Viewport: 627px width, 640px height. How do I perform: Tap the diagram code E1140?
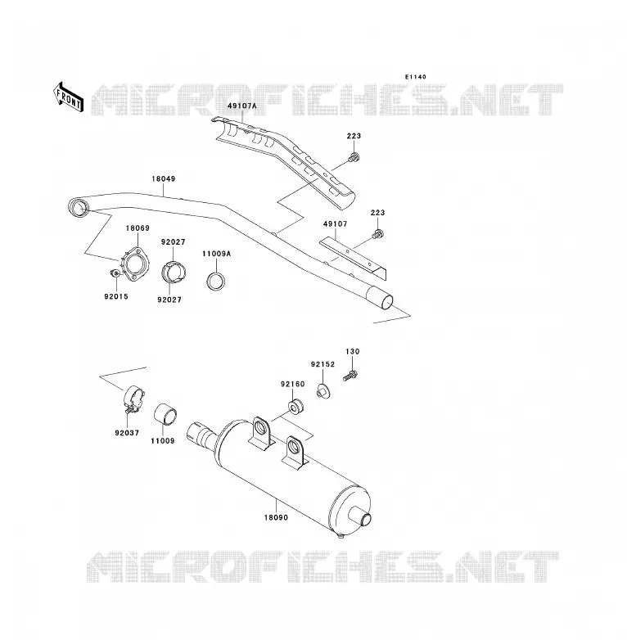[416, 77]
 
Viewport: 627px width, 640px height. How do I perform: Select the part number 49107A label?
[242, 106]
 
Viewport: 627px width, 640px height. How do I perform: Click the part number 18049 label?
[163, 178]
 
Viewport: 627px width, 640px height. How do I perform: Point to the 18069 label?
[138, 228]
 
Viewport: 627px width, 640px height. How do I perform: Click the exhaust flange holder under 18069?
[135, 264]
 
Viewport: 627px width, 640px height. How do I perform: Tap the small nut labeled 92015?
[115, 273]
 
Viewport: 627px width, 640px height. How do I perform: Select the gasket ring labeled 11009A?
[217, 281]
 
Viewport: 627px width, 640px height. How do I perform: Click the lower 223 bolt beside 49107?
[378, 234]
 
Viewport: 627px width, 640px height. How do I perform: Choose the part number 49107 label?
[335, 224]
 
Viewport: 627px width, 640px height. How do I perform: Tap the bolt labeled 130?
[350, 375]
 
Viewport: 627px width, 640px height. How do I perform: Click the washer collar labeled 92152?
[323, 392]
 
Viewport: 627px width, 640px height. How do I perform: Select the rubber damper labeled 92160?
[295, 407]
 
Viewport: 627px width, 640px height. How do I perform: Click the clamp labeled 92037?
[133, 399]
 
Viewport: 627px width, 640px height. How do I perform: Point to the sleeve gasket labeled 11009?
[165, 413]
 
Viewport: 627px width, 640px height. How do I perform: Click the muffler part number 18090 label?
[276, 517]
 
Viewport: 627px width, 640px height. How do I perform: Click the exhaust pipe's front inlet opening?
[78, 208]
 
